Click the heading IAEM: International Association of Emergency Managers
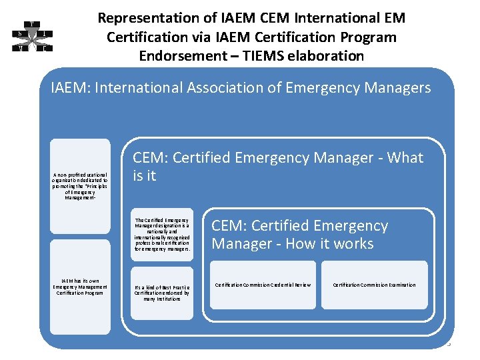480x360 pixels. [241, 88]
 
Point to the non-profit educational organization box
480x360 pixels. [80, 186]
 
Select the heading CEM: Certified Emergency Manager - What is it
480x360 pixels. [278, 167]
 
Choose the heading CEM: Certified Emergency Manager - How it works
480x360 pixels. [300, 235]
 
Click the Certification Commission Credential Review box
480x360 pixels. [263, 285]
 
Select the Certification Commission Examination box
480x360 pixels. [374, 285]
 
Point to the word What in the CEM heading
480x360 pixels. [405, 158]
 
